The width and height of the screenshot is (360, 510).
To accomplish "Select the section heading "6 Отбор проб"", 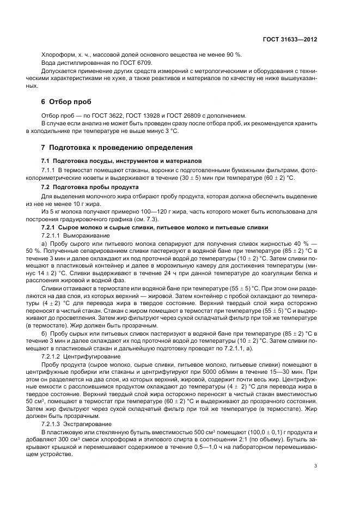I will click(66, 101).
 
